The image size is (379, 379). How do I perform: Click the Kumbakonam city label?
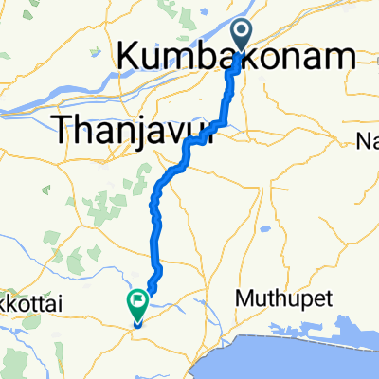(237, 59)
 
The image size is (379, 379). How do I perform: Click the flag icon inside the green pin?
(137, 302)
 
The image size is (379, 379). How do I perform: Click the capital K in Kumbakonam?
(127, 59)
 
